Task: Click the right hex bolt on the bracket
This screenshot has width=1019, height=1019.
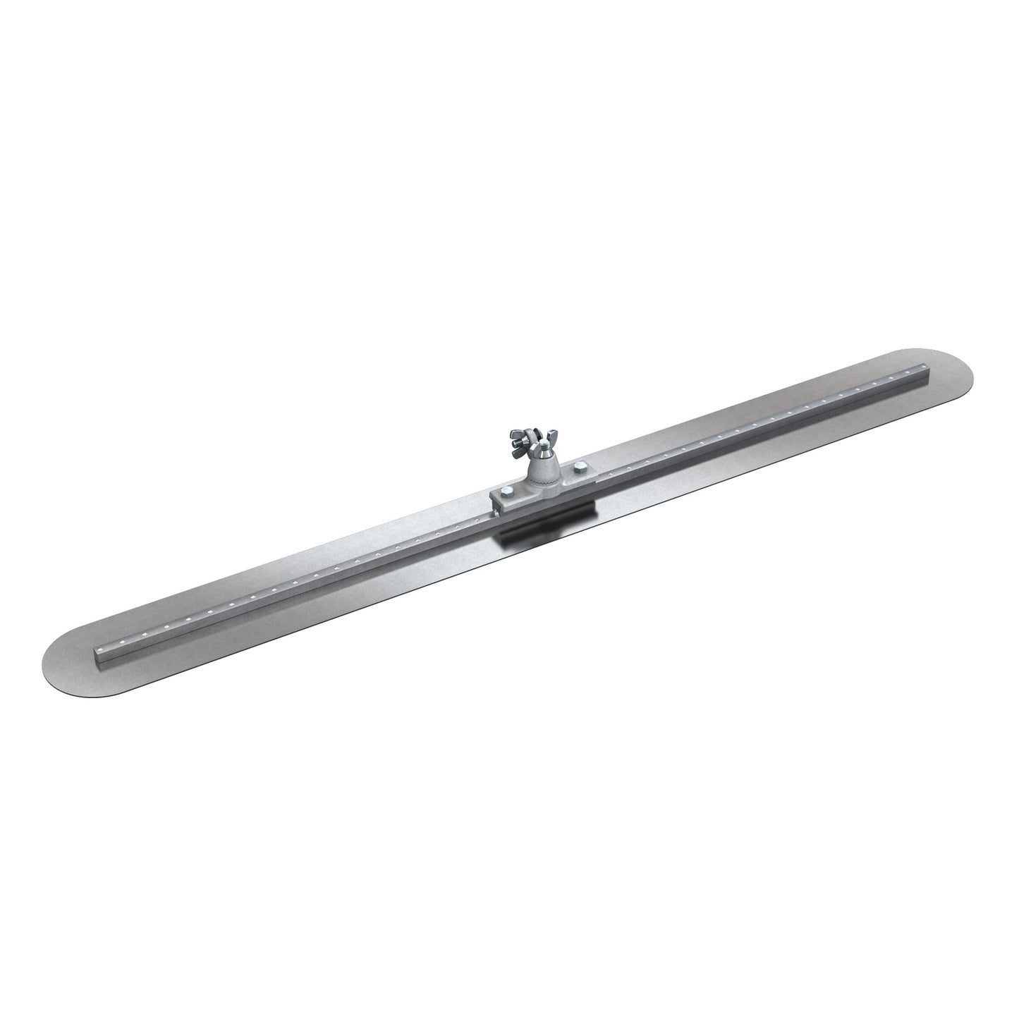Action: point(580,468)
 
